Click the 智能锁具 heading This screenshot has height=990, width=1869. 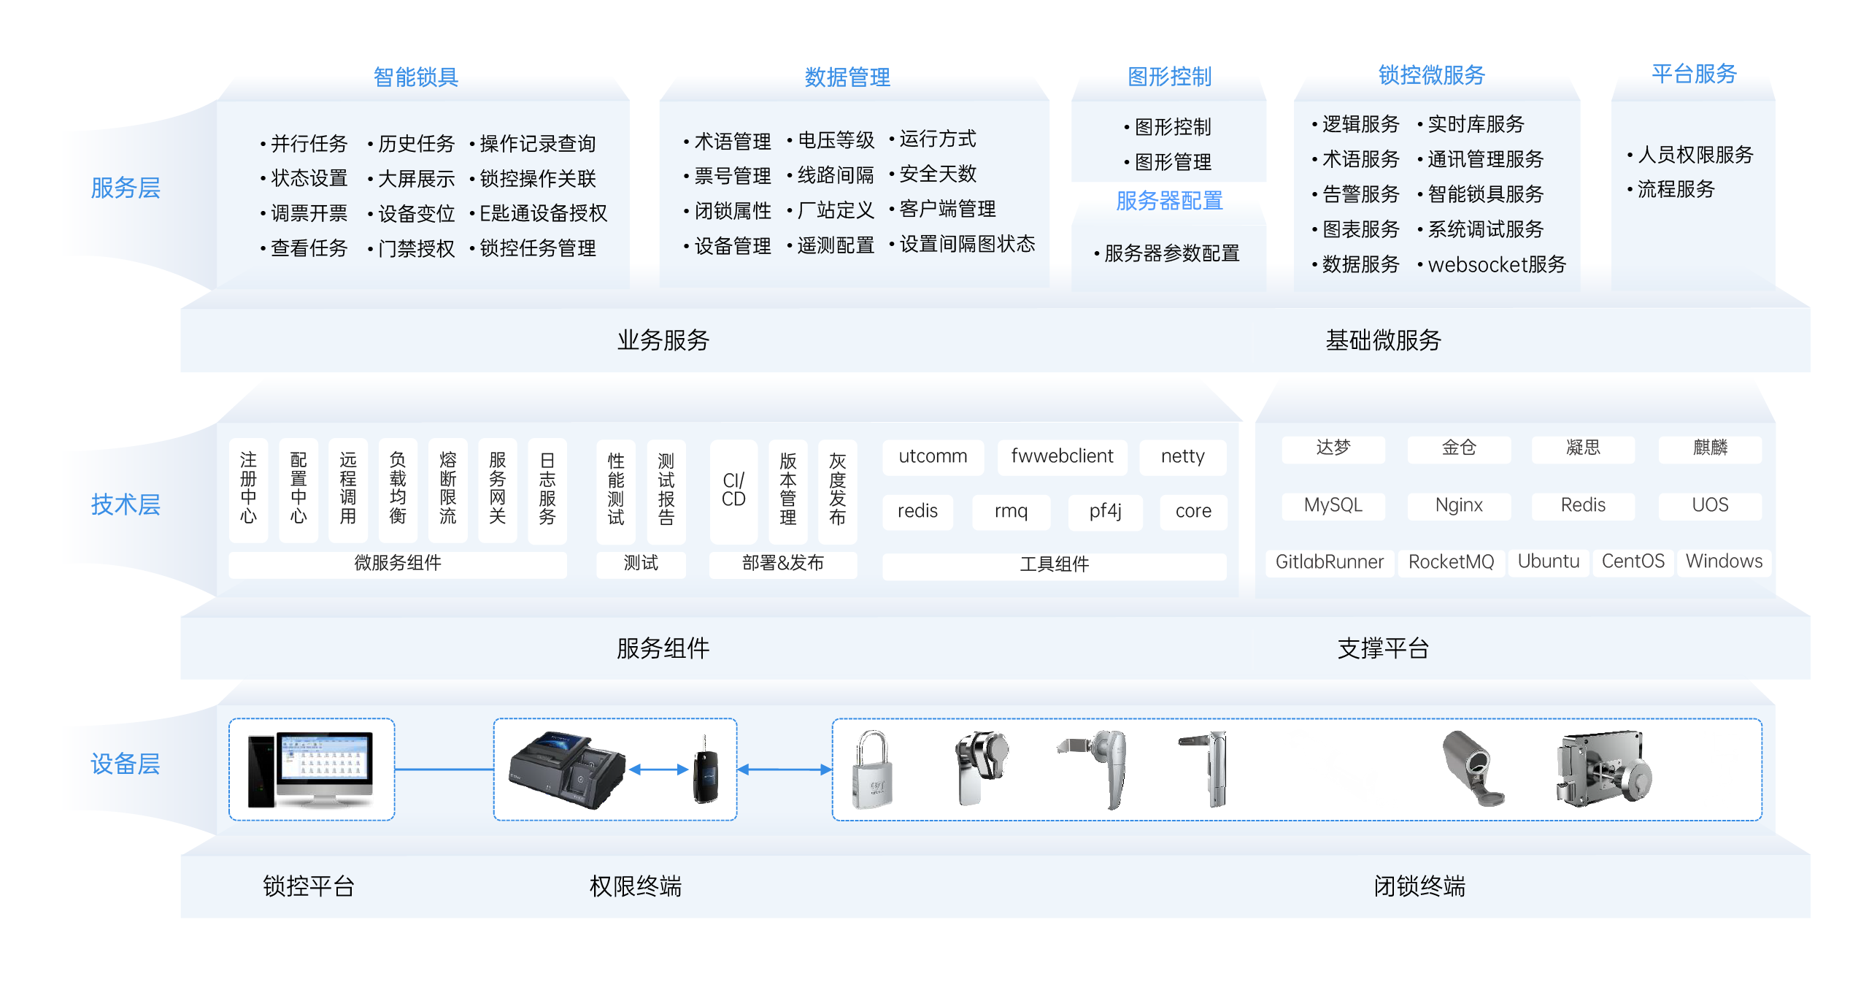point(415,77)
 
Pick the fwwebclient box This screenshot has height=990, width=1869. point(1062,456)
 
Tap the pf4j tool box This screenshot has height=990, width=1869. point(1105,511)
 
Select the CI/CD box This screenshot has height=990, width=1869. point(733,491)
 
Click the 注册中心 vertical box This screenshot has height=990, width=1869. point(248,489)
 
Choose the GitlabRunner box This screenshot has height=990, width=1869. point(1329,561)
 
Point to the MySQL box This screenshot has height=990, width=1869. point(1333,505)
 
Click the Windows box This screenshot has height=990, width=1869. point(1724,561)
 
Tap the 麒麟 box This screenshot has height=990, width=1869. point(1710,448)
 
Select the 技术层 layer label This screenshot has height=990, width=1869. point(125,504)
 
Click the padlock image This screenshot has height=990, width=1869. point(873,770)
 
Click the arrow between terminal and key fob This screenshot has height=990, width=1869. point(658,769)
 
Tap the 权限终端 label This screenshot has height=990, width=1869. point(635,886)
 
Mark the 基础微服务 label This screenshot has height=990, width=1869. point(1383,340)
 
